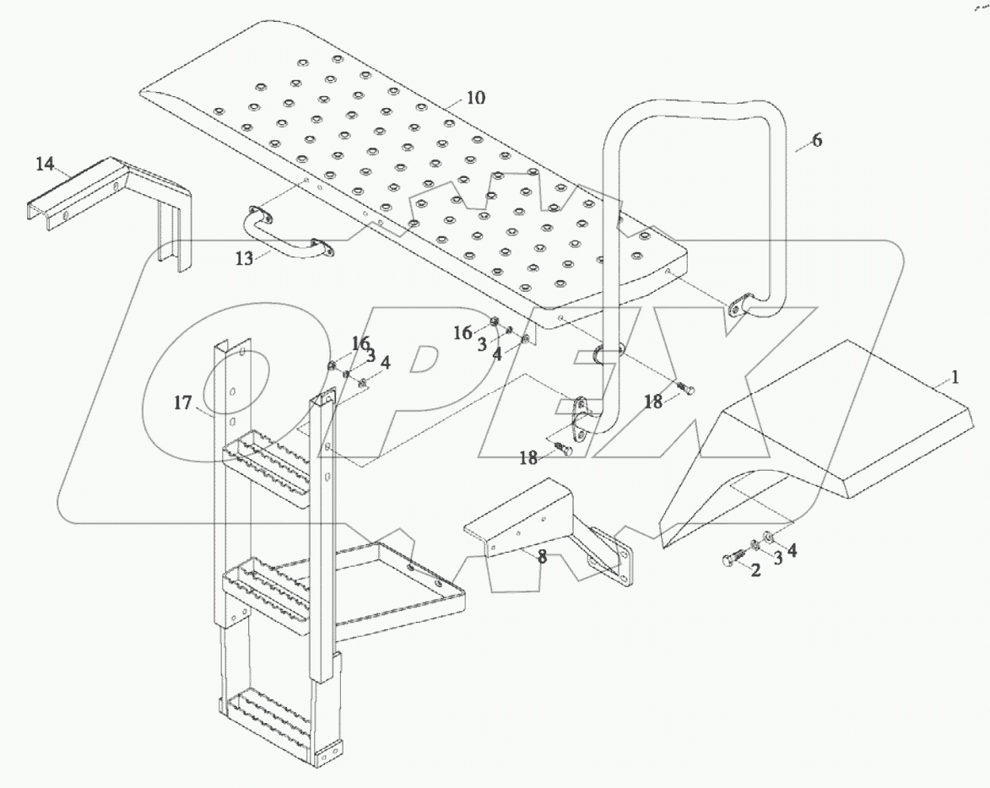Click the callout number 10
[x=475, y=98]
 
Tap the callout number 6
[x=816, y=140]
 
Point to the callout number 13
[x=244, y=259]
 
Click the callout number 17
[x=184, y=404]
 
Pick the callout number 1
[x=954, y=378]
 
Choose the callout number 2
[x=755, y=570]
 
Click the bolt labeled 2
[x=728, y=559]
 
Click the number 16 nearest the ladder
[x=360, y=343]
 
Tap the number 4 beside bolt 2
[x=792, y=549]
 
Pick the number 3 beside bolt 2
[x=777, y=558]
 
